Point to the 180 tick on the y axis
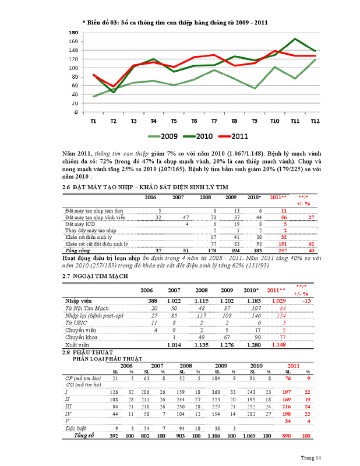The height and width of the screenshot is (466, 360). [x=74, y=33]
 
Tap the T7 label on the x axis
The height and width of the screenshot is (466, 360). [x=214, y=121]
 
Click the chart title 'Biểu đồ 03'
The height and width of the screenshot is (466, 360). [x=175, y=21]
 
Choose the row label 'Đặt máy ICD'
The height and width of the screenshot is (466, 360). [x=81, y=224]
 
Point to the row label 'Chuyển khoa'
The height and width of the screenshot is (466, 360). [x=81, y=338]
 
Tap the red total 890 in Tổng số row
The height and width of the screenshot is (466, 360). [x=285, y=435]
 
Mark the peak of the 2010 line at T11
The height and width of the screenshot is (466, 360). [x=295, y=39]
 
